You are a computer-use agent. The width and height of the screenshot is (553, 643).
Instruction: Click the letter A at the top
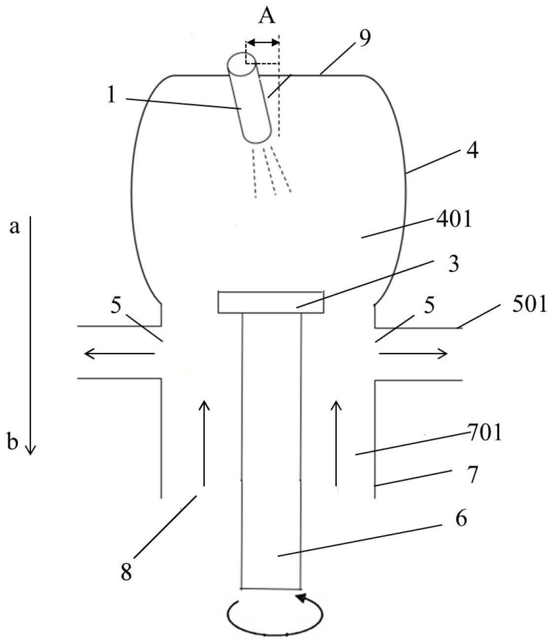pyautogui.click(x=267, y=16)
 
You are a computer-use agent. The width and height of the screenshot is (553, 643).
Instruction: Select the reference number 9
pyautogui.click(x=364, y=39)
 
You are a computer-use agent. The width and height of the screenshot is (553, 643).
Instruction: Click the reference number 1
pyautogui.click(x=111, y=95)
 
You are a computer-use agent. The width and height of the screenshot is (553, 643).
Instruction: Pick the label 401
pyautogui.click(x=454, y=219)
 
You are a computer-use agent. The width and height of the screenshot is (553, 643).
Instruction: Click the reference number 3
pyautogui.click(x=454, y=264)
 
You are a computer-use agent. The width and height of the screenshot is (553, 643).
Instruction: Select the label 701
pyautogui.click(x=485, y=432)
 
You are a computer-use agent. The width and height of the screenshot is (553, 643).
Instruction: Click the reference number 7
pyautogui.click(x=473, y=475)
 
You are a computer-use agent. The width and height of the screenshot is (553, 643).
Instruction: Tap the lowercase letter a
pyautogui.click(x=14, y=227)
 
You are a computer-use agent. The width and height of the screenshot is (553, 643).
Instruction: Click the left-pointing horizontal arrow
pyautogui.click(x=120, y=353)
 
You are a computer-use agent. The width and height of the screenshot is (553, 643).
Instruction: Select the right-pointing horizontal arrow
pyautogui.click(x=413, y=353)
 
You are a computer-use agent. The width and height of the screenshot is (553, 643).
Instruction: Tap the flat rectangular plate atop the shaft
pyautogui.click(x=271, y=302)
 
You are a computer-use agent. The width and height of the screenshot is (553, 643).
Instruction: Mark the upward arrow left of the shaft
pyautogui.click(x=204, y=443)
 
